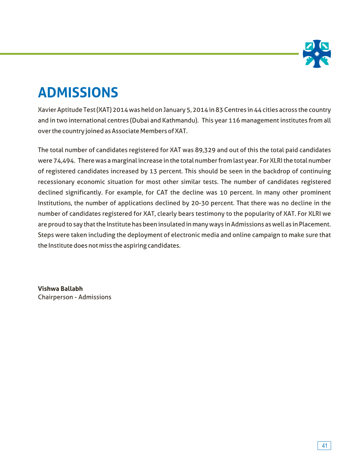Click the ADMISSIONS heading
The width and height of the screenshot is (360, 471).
[x=78, y=92]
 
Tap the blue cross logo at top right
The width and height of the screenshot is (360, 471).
[x=317, y=54]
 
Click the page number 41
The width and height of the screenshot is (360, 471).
[x=324, y=446]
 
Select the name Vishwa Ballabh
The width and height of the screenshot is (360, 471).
[x=60, y=289]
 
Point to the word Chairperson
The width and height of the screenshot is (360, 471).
[x=55, y=297]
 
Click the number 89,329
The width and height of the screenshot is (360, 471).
[x=205, y=150]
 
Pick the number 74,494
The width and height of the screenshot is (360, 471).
[x=64, y=161]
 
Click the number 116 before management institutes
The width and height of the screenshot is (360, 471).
[x=234, y=120]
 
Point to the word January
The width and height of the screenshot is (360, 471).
[x=174, y=110]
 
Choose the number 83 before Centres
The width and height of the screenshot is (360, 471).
[x=219, y=110]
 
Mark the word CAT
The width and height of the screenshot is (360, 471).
[x=162, y=193]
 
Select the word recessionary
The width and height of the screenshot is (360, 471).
[x=56, y=182]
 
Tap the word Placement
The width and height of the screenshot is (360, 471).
[x=314, y=225]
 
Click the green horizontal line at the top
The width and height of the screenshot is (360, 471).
[x=150, y=54]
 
